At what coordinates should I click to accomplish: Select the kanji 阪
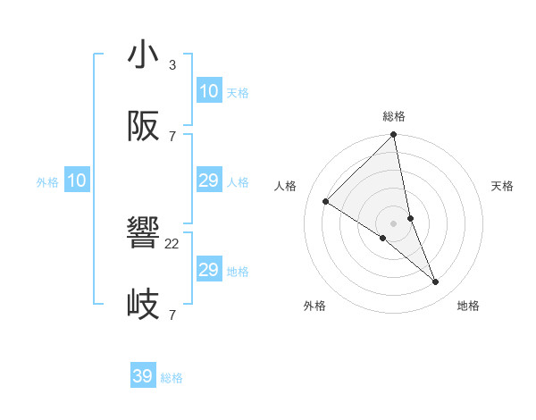143,126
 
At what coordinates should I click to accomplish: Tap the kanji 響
143,234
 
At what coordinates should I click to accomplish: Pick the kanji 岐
143,305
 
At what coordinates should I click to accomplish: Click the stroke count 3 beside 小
172,65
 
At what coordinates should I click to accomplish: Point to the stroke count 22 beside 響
172,244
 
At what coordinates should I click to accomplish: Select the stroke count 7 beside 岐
172,315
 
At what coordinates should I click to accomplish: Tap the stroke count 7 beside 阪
172,137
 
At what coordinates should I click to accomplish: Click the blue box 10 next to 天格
209,90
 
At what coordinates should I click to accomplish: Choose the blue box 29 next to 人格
209,181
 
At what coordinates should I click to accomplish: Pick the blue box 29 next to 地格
209,270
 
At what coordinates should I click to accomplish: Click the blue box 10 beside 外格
77,181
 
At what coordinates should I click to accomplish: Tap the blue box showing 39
143,376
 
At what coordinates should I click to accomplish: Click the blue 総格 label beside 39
172,378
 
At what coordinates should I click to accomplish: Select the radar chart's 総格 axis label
394,116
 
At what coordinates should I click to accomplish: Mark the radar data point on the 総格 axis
394,136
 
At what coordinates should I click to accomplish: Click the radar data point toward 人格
326,202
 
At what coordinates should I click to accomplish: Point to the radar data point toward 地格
436,281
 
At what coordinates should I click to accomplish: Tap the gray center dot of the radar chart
394,223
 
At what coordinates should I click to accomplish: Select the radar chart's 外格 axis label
314,306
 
